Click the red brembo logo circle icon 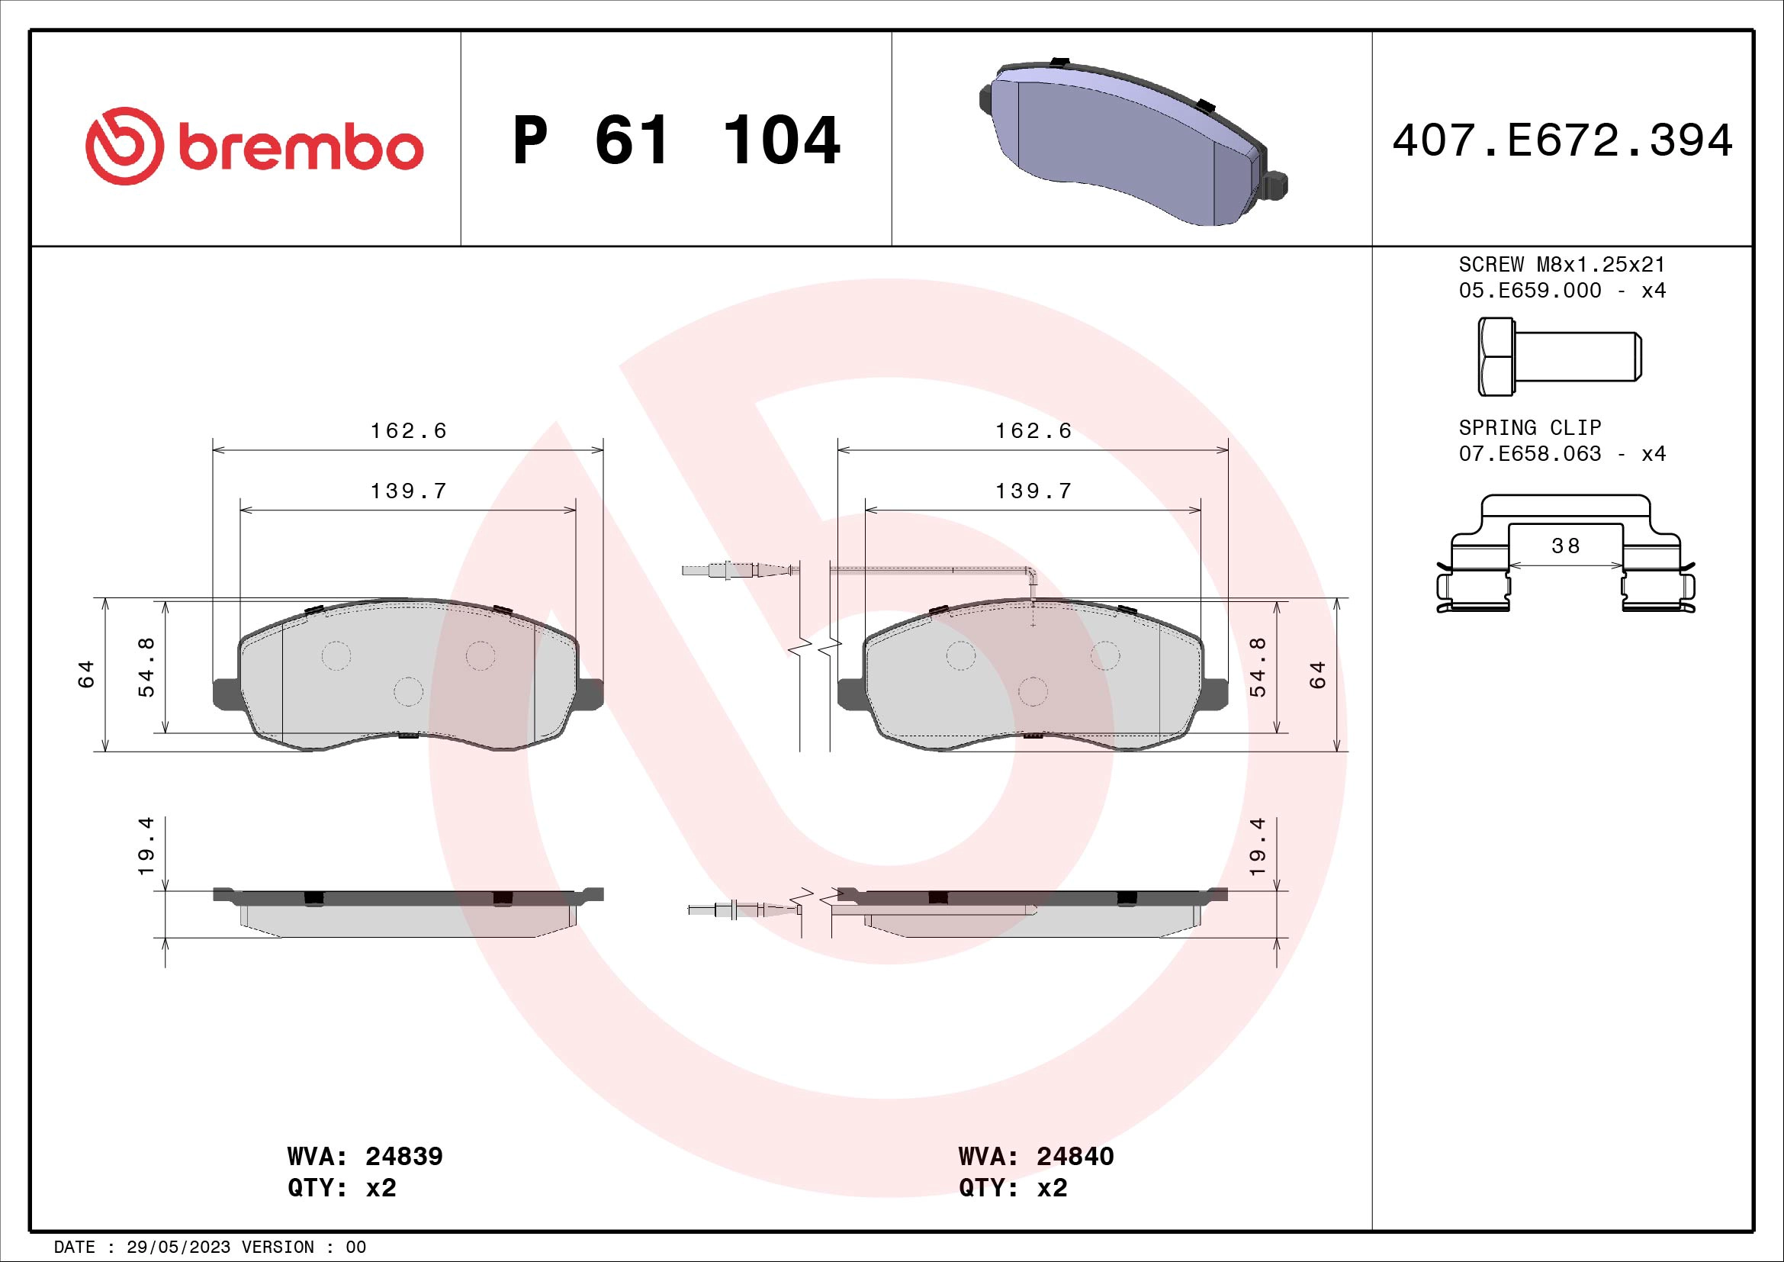point(124,146)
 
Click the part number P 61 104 point(676,141)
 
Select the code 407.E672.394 point(1562,141)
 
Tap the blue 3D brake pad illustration point(1127,143)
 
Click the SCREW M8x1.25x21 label point(1562,264)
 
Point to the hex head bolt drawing point(1559,356)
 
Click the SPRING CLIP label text point(1529,427)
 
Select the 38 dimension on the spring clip point(1565,546)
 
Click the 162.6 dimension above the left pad point(408,430)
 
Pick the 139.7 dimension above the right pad point(1033,491)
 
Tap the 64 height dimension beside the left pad point(86,674)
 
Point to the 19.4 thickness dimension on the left point(146,845)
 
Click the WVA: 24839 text point(365,1156)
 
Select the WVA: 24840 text point(1036,1156)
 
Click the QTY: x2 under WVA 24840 point(1012,1188)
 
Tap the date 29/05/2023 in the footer point(178,1247)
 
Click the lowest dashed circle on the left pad point(408,691)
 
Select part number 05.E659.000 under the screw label point(1529,291)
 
